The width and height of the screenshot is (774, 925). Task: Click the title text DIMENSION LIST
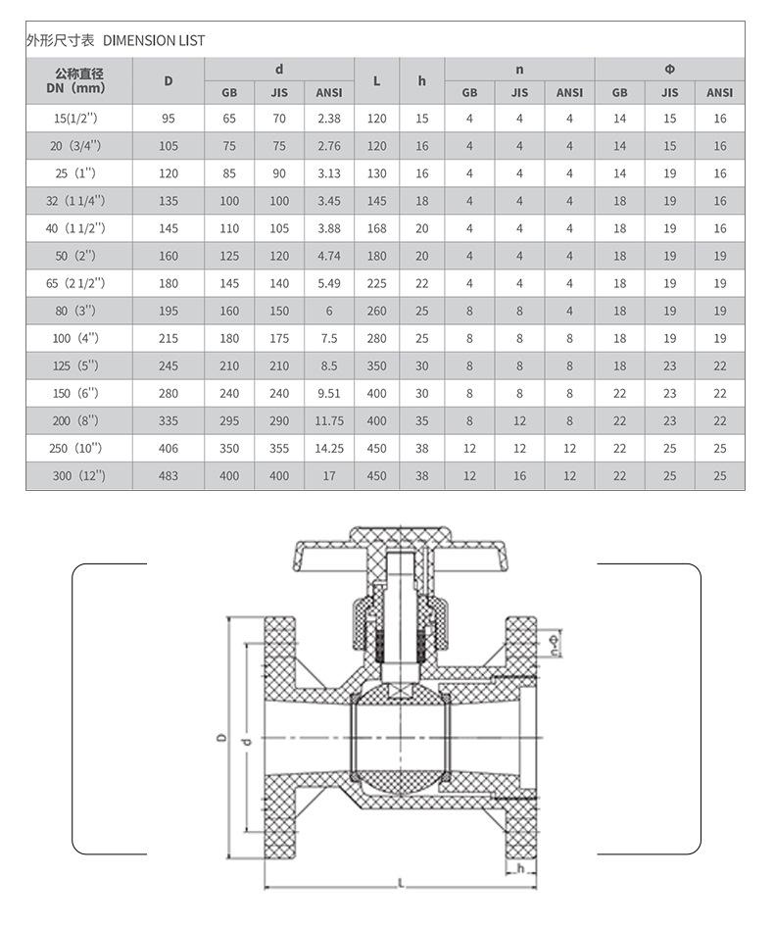click(154, 41)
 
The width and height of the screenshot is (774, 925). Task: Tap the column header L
click(376, 80)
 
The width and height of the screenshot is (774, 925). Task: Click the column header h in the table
click(422, 80)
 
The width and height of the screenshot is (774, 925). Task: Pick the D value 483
click(169, 476)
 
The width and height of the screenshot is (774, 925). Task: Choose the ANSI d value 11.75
click(329, 421)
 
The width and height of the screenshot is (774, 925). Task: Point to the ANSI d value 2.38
click(329, 119)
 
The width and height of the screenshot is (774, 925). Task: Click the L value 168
click(376, 228)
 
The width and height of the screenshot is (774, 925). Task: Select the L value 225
click(376, 284)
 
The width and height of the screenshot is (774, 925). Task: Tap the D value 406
click(169, 449)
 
